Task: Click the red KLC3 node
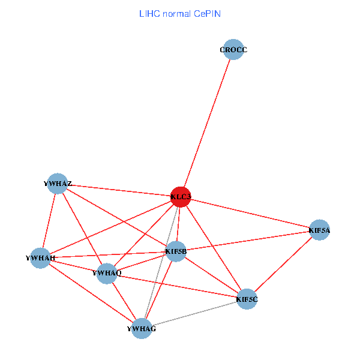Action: [181, 197]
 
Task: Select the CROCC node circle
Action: [234, 50]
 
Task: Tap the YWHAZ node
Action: [58, 184]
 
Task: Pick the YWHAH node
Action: [41, 258]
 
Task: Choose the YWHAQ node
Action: [107, 274]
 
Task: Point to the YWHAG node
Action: [142, 329]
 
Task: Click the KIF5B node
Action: [176, 251]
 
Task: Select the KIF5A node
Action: [319, 230]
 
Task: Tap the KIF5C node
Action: [247, 299]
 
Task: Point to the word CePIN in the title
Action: [207, 13]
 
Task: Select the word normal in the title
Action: [176, 13]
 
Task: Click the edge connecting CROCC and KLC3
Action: [208, 123]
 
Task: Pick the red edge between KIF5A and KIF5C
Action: [283, 264]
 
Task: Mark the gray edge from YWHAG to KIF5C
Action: [194, 314]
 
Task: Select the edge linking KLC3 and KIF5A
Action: [250, 213]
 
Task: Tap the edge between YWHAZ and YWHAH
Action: [50, 220]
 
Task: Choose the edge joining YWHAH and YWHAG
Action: [91, 293]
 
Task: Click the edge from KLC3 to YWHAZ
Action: [120, 190]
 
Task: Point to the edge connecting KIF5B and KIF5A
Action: [247, 241]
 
